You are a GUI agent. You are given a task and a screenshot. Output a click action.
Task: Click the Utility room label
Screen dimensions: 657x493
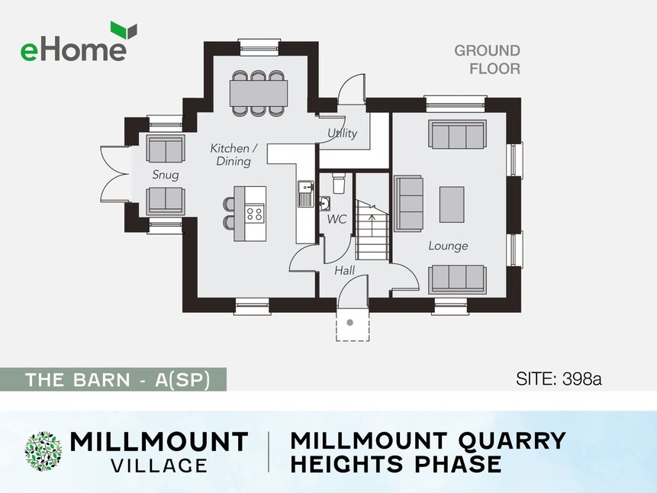(343, 134)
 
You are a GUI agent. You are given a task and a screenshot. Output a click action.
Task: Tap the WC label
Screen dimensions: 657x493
(337, 219)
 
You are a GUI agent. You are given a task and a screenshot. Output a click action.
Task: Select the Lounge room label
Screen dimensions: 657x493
(448, 246)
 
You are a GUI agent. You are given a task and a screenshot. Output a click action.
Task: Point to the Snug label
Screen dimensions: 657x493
(166, 175)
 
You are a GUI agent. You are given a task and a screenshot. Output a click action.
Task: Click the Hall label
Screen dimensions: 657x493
(344, 270)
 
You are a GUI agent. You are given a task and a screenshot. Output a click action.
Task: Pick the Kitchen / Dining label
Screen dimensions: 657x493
(233, 154)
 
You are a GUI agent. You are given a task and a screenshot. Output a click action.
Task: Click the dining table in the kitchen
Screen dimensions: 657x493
(259, 93)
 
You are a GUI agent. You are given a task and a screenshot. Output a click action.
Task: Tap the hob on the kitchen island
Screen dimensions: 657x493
(255, 214)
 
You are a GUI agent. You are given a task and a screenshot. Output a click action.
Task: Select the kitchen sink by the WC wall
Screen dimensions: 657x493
(306, 193)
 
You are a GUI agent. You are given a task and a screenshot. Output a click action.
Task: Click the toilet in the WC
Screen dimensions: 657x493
(339, 182)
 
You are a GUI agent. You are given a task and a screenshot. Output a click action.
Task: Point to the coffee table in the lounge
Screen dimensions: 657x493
(452, 205)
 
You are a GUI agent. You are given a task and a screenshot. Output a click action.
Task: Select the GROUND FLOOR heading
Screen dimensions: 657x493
(488, 60)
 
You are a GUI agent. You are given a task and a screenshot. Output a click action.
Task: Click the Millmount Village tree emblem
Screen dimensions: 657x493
(43, 451)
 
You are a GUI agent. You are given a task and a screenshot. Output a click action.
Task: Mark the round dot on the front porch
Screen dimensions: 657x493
(350, 322)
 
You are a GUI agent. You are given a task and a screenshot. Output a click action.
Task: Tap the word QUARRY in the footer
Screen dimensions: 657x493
(511, 440)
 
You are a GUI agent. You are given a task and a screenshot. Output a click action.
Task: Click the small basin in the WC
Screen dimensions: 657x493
(324, 203)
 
